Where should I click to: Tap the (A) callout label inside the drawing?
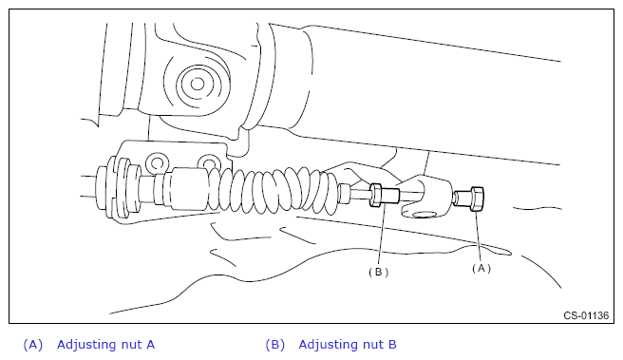pyautogui.click(x=481, y=269)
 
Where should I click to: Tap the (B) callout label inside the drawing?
pyautogui.click(x=378, y=273)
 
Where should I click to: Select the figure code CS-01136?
pyautogui.click(x=586, y=315)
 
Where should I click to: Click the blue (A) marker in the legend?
pyautogui.click(x=33, y=345)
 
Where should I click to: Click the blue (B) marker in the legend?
pyautogui.click(x=275, y=345)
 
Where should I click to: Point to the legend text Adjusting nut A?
pyautogui.click(x=105, y=344)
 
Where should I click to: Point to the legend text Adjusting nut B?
pyautogui.click(x=348, y=344)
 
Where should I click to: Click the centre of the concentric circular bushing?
pyautogui.click(x=198, y=84)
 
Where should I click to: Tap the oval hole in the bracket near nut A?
pyautogui.click(x=425, y=215)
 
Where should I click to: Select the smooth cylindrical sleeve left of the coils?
pyautogui.click(x=186, y=188)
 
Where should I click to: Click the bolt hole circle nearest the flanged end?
pyautogui.click(x=157, y=163)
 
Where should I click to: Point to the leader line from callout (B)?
pyautogui.click(x=381, y=236)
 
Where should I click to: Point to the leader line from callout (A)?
pyautogui.click(x=479, y=236)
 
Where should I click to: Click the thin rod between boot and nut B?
pyautogui.click(x=360, y=195)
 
